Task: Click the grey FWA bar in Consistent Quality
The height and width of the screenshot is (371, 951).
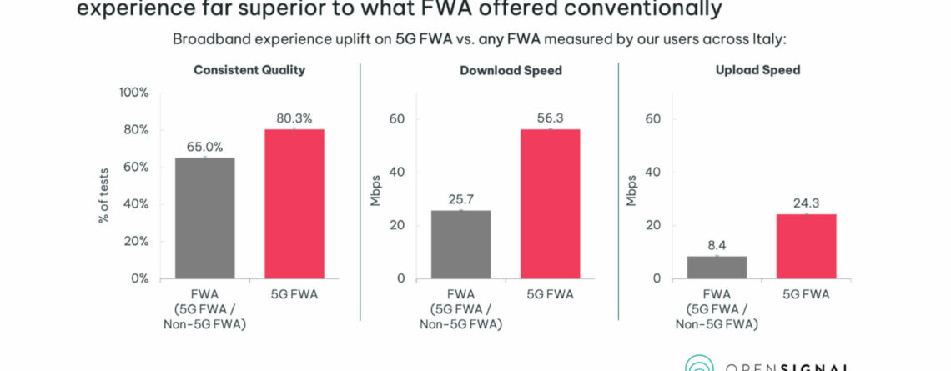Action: click(204, 218)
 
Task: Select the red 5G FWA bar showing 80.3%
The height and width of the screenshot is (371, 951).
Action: click(294, 203)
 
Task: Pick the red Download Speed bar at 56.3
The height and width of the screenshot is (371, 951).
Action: click(550, 203)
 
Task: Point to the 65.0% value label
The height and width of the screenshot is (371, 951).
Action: click(204, 147)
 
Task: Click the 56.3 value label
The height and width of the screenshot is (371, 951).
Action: click(550, 118)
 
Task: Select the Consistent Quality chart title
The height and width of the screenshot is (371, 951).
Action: click(249, 70)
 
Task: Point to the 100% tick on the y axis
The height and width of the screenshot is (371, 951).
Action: click(134, 93)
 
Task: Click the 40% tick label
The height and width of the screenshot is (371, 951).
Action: click(137, 204)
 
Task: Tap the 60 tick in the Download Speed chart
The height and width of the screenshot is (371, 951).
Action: click(396, 118)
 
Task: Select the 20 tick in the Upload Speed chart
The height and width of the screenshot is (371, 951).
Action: click(653, 225)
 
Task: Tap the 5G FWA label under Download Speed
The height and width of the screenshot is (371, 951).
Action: click(550, 294)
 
